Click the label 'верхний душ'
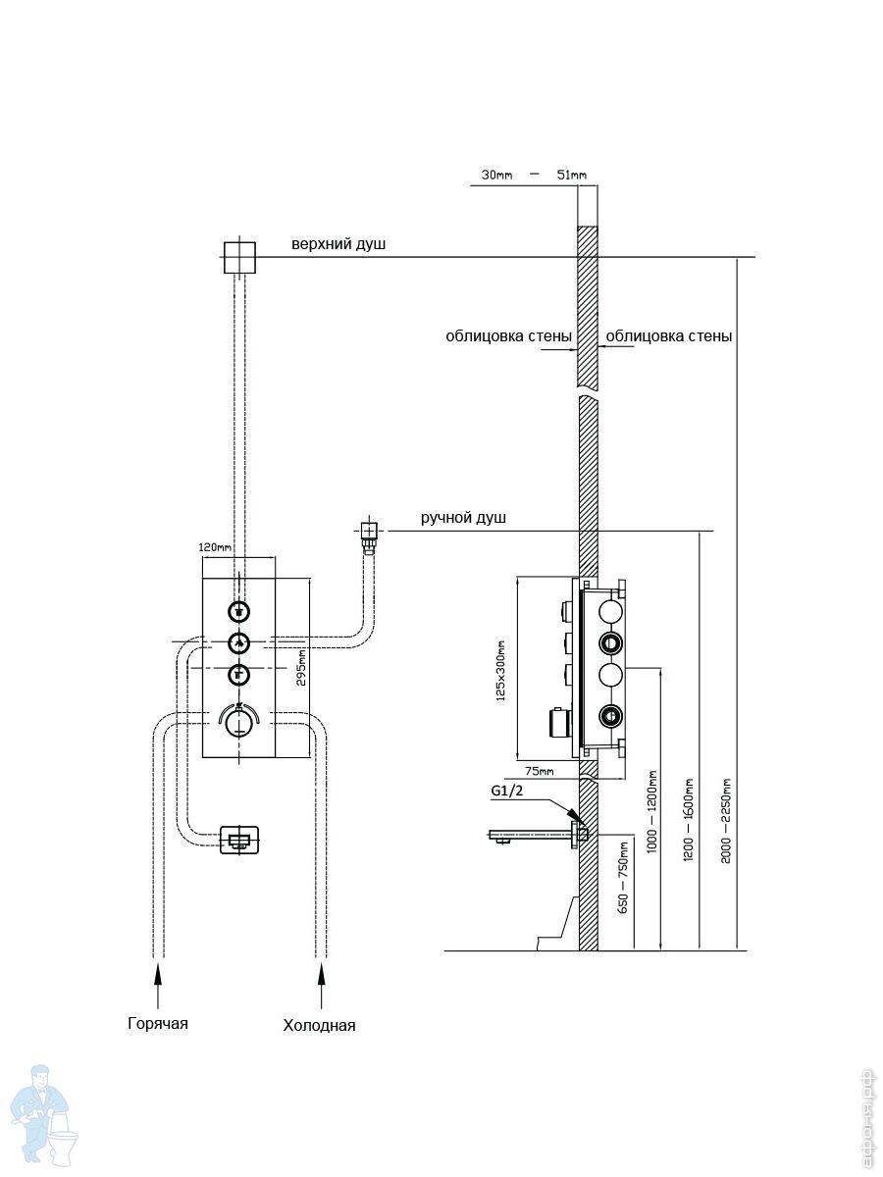(x=338, y=243)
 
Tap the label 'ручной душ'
(x=463, y=518)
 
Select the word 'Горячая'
(x=157, y=1023)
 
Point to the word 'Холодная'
(x=319, y=1025)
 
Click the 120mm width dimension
(x=216, y=546)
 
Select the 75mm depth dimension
(x=539, y=772)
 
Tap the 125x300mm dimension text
(x=500, y=669)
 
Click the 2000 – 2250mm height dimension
(x=725, y=822)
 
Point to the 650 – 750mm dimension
(x=622, y=877)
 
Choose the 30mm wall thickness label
(x=497, y=175)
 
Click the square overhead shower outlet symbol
(x=238, y=258)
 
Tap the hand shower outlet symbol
(x=369, y=532)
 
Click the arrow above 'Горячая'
(x=157, y=974)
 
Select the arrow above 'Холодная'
(x=320, y=974)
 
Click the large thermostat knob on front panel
(x=238, y=724)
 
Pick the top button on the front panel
(x=238, y=611)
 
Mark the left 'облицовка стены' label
(x=508, y=336)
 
